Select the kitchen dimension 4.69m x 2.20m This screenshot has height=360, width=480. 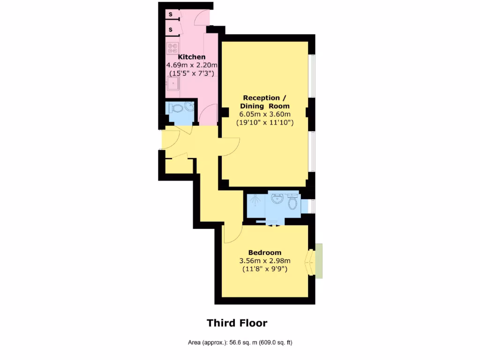(x=192, y=65)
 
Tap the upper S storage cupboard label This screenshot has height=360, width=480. (x=171, y=15)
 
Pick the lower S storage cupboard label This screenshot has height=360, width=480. (x=171, y=30)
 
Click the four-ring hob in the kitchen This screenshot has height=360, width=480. (x=173, y=48)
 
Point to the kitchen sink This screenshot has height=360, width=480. (x=172, y=84)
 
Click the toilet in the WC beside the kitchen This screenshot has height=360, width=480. (x=177, y=108)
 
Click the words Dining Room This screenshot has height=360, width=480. (x=266, y=106)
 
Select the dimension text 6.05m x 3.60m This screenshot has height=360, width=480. (x=265, y=114)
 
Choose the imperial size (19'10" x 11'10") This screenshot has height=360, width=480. (x=265, y=123)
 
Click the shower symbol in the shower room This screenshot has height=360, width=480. (x=255, y=202)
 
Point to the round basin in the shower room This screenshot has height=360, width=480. (x=277, y=199)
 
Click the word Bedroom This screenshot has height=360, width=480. (x=265, y=253)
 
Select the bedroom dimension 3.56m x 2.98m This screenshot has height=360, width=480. (x=265, y=261)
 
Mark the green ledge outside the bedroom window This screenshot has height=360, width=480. (x=319, y=261)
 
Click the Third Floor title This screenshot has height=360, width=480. (x=237, y=323)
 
